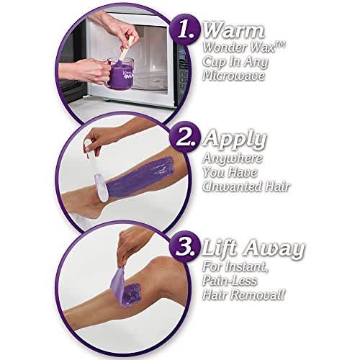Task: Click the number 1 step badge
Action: coord(184,30)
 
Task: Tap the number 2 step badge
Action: coord(184,138)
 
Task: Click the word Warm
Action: coord(234,30)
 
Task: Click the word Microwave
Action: coord(234,76)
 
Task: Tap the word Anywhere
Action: coord(233,159)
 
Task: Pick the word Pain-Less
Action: coord(230,281)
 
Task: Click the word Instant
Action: coord(246,266)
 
